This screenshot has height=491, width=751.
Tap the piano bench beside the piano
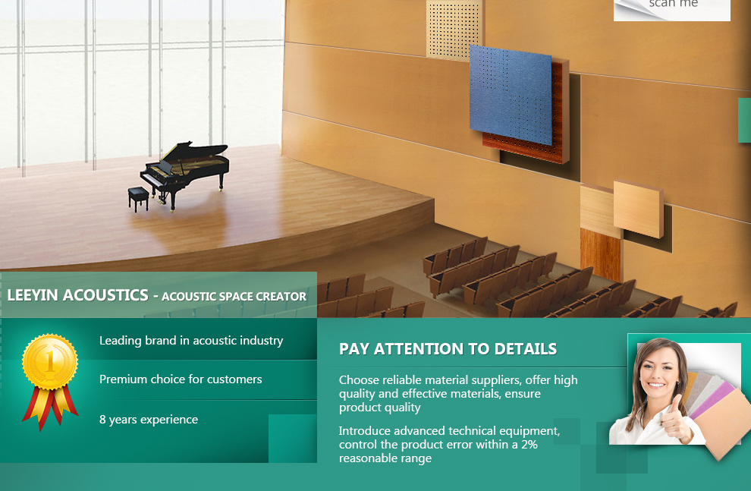(138, 198)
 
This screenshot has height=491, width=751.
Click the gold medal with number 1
(50, 362)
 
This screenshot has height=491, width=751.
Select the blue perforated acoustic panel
(511, 95)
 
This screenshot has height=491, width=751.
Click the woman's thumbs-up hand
(675, 418)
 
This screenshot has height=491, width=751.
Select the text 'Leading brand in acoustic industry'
(191, 341)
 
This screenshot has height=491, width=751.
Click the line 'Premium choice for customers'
(181, 379)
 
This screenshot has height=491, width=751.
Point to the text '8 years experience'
(149, 420)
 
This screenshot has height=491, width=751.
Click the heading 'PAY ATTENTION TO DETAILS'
(448, 349)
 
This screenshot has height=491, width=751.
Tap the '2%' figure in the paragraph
(529, 445)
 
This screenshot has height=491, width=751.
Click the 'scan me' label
(674, 4)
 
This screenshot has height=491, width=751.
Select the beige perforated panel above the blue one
(453, 29)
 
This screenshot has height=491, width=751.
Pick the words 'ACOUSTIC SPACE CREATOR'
(234, 297)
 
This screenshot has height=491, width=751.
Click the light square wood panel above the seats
(639, 209)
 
